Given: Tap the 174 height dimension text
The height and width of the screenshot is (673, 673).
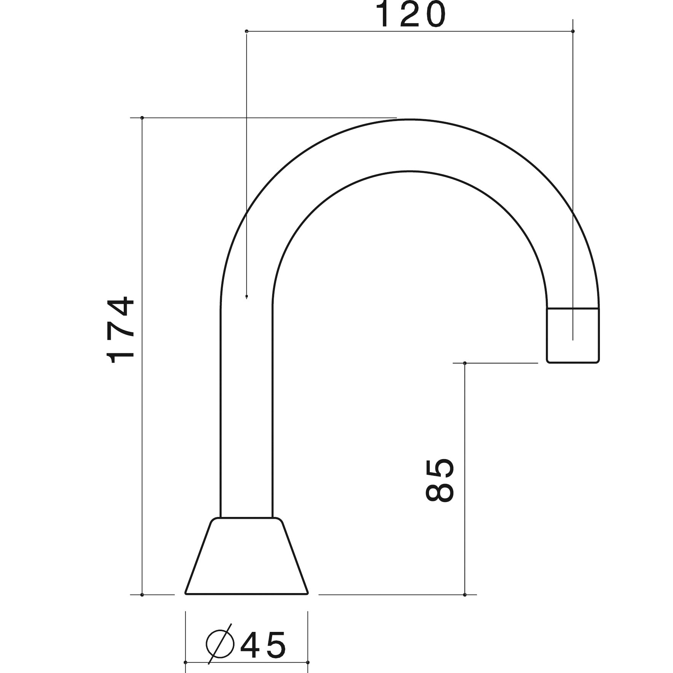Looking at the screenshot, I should click(x=121, y=330).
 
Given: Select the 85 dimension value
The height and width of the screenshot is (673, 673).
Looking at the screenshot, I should click(x=439, y=481).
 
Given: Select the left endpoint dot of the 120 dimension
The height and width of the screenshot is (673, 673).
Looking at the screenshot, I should click(x=247, y=31).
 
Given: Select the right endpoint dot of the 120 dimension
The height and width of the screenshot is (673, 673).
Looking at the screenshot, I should click(x=573, y=31).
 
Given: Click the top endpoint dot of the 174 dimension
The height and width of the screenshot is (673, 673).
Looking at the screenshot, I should click(x=142, y=118).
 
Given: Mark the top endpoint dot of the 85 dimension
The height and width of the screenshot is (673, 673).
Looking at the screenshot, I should click(x=465, y=363).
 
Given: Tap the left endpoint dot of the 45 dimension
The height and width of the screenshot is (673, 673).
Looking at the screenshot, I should click(x=185, y=662).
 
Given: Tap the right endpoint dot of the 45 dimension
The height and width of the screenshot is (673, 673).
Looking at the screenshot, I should click(x=308, y=662).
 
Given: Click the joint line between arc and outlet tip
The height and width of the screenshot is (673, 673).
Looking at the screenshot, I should click(x=573, y=308).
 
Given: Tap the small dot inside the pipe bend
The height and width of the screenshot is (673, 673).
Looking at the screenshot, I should click(x=247, y=296).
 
